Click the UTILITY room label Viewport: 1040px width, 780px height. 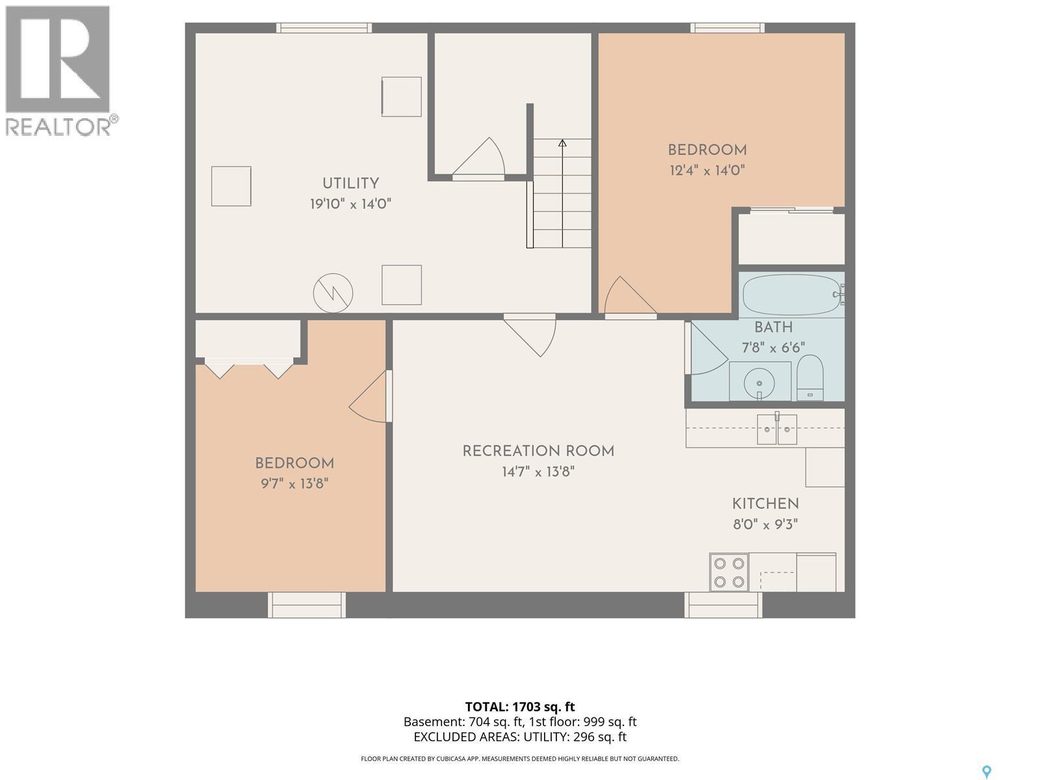pyautogui.click(x=350, y=183)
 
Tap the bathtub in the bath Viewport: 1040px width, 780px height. pyautogui.click(x=792, y=294)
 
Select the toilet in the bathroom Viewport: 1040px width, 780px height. pyautogui.click(x=810, y=378)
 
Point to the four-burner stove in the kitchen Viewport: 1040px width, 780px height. pyautogui.click(x=729, y=572)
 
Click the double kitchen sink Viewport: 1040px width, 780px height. pyautogui.click(x=777, y=429)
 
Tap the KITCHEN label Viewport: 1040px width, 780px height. pyautogui.click(x=765, y=503)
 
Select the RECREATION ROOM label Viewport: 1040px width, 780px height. pyautogui.click(x=538, y=451)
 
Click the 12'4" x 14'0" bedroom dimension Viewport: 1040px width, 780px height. pyautogui.click(x=707, y=170)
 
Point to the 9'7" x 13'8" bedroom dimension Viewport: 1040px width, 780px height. pyautogui.click(x=294, y=484)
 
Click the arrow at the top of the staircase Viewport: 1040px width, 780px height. pyautogui.click(x=562, y=143)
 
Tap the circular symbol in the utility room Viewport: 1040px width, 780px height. pyautogui.click(x=333, y=292)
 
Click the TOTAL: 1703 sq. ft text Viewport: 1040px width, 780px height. pyautogui.click(x=520, y=707)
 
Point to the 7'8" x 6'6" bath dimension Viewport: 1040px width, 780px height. pyautogui.click(x=773, y=348)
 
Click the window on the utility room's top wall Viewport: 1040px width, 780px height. pyautogui.click(x=324, y=28)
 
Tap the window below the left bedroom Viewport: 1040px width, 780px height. pyautogui.click(x=307, y=604)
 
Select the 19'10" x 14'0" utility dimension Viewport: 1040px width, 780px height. pyautogui.click(x=350, y=204)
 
